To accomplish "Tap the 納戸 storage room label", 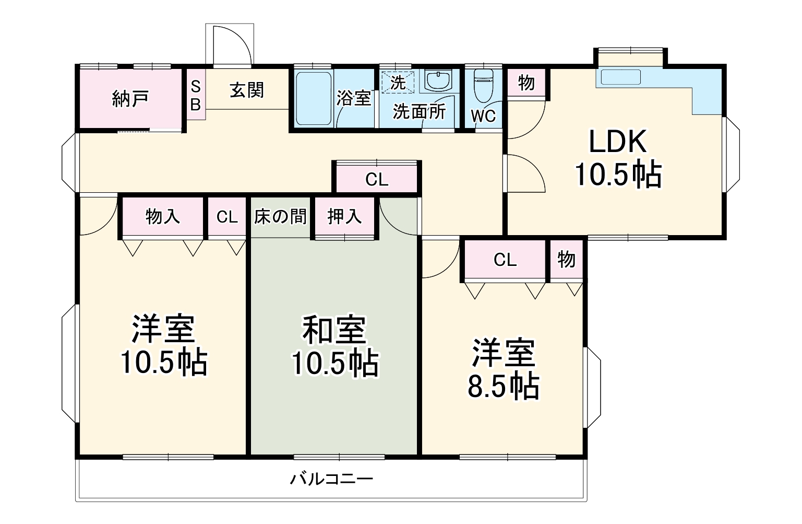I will (130, 98).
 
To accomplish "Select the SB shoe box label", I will (195, 95).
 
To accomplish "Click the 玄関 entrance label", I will (247, 90).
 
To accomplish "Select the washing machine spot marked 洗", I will (398, 81).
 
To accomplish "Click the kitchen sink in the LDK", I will (620, 77).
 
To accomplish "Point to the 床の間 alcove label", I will (280, 216).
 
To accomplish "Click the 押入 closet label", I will (344, 216).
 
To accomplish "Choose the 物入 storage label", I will (162, 216).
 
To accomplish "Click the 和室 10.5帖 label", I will (334, 346).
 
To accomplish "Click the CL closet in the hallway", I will (377, 180).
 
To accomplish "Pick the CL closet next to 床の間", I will (227, 216).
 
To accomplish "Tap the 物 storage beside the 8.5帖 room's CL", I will (566, 259).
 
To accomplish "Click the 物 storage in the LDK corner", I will (526, 82).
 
